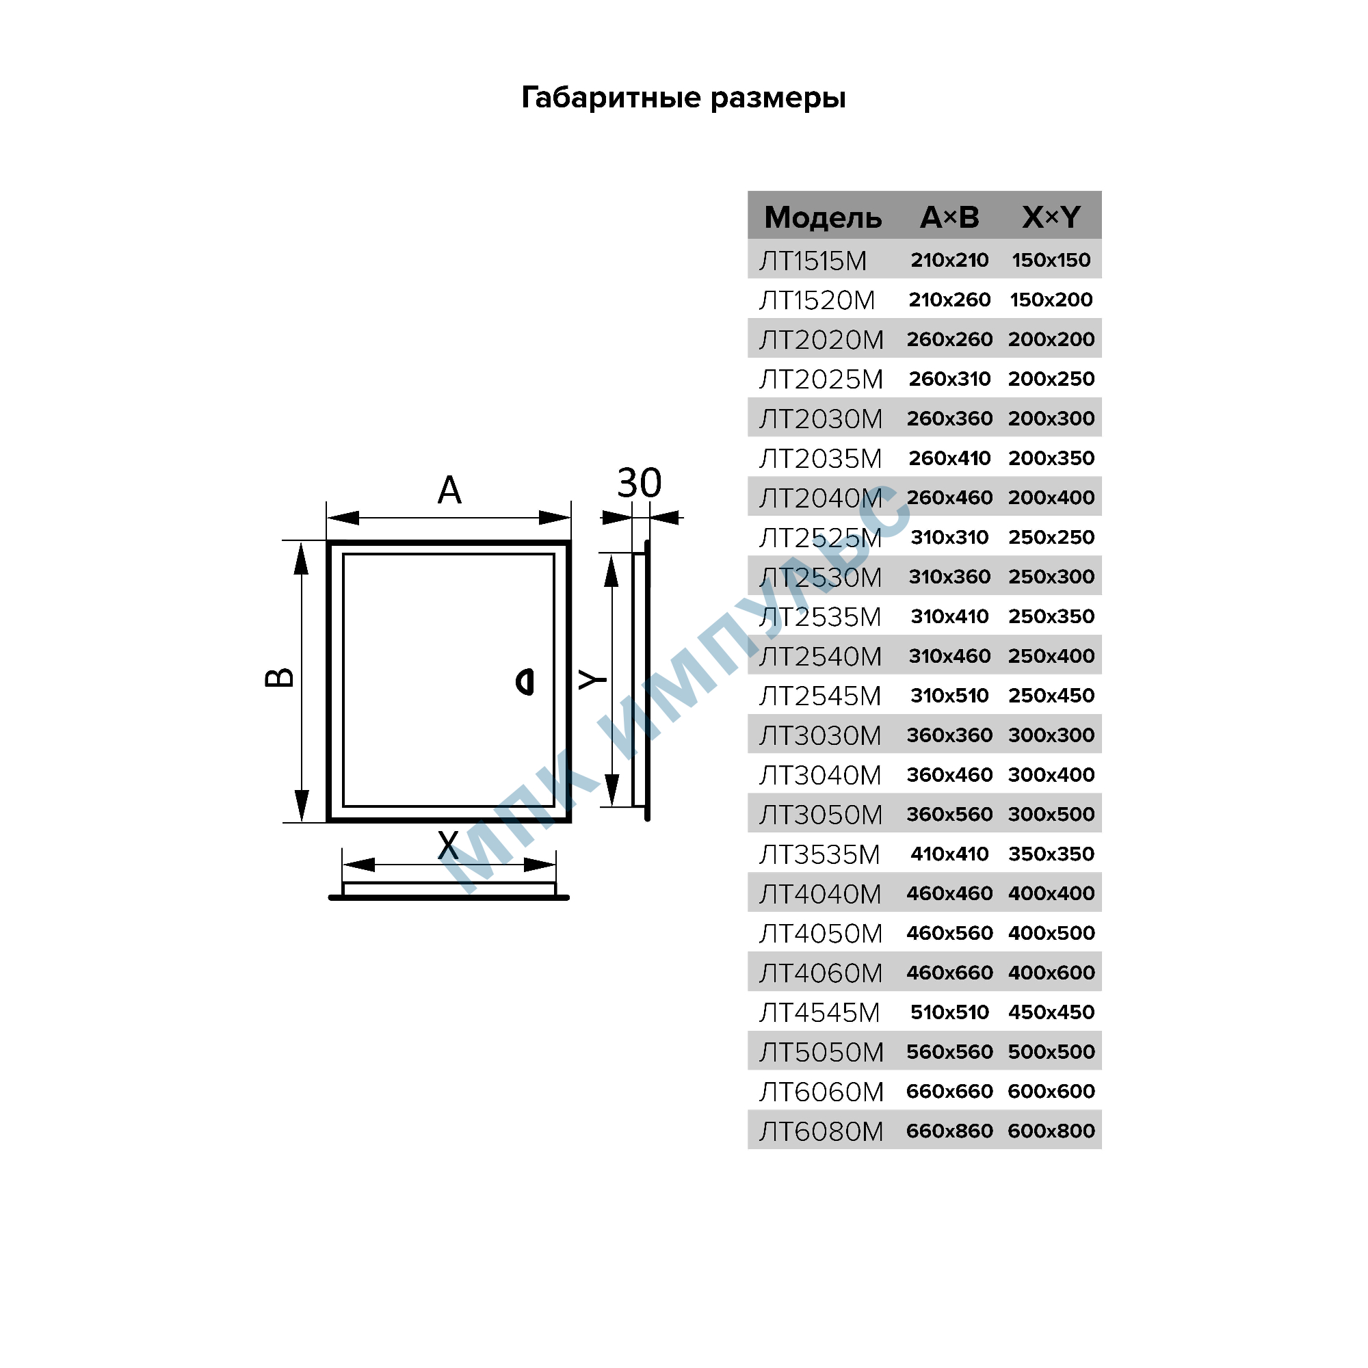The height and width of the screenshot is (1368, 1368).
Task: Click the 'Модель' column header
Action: pyautogui.click(x=823, y=218)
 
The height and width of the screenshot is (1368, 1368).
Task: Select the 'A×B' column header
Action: pyautogui.click(x=949, y=218)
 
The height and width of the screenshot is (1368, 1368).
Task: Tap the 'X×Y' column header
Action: pyautogui.click(x=1051, y=218)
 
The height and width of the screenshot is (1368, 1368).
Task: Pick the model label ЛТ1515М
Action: pyautogui.click(x=813, y=261)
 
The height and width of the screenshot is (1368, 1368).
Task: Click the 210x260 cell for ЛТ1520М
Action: pyautogui.click(x=949, y=300)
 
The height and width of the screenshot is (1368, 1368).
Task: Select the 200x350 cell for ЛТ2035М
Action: pyautogui.click(x=1051, y=458)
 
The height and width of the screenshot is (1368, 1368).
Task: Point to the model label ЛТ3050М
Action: pyautogui.click(x=821, y=815)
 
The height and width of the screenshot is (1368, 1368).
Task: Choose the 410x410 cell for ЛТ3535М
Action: pyautogui.click(x=949, y=854)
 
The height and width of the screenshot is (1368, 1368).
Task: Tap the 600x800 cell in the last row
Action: pyautogui.click(x=1051, y=1131)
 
